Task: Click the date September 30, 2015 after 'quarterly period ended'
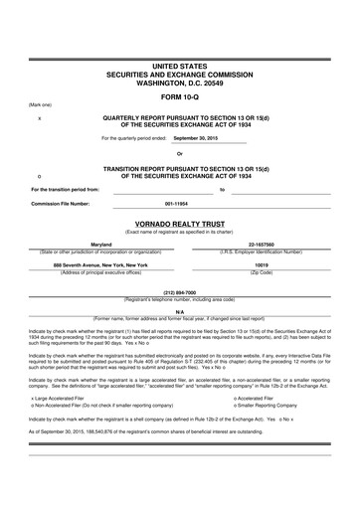point(194,138)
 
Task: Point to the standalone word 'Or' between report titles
point(179,153)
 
